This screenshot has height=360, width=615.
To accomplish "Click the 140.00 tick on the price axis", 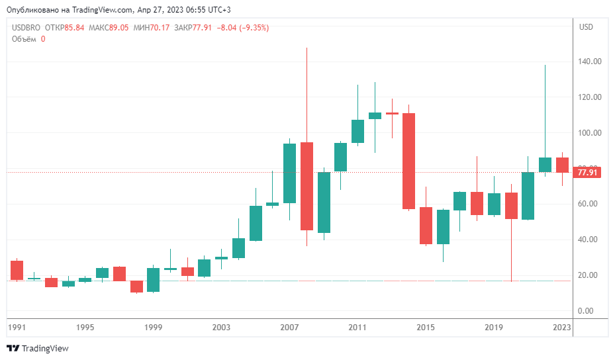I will (x=590, y=62).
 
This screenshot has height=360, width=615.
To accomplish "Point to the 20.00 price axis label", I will (x=590, y=275).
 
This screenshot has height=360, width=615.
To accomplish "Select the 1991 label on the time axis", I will (x=16, y=328).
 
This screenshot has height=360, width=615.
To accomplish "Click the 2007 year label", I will (x=289, y=328).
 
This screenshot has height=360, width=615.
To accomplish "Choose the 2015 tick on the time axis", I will (x=426, y=328).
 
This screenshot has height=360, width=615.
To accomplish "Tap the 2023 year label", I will (x=562, y=328).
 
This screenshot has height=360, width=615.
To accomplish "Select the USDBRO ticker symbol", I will (x=26, y=28).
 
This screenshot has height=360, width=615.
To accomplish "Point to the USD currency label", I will (x=586, y=27).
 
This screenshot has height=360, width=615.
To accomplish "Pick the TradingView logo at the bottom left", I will (x=38, y=348).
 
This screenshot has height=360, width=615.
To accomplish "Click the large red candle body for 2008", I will (x=307, y=186).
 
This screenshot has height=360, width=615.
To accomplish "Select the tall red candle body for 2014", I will (x=408, y=161).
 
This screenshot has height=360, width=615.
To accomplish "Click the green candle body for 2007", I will (x=289, y=173).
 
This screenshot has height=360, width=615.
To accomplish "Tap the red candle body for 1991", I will (x=17, y=270).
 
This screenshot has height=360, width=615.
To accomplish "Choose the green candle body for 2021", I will (x=528, y=196).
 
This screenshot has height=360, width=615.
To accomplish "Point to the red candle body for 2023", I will (x=562, y=165).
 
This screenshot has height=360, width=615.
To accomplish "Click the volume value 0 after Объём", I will (x=43, y=39).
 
